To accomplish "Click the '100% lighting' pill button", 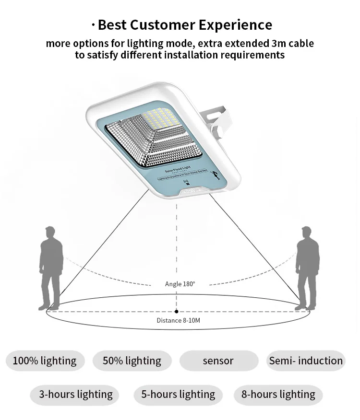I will tap(45, 361).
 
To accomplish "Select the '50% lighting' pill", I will tap(132, 361).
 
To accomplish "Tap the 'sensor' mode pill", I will tap(218, 361).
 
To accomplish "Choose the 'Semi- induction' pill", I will tap(306, 361).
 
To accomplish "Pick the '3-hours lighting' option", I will tap(76, 395).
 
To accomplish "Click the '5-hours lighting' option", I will tap(178, 395).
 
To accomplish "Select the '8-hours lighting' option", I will tap(278, 395).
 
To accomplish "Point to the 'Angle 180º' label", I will tap(180, 284).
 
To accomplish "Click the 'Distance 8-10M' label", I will tap(178, 320).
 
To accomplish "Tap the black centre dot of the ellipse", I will tap(177, 312).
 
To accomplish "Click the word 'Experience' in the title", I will tap(235, 25).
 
